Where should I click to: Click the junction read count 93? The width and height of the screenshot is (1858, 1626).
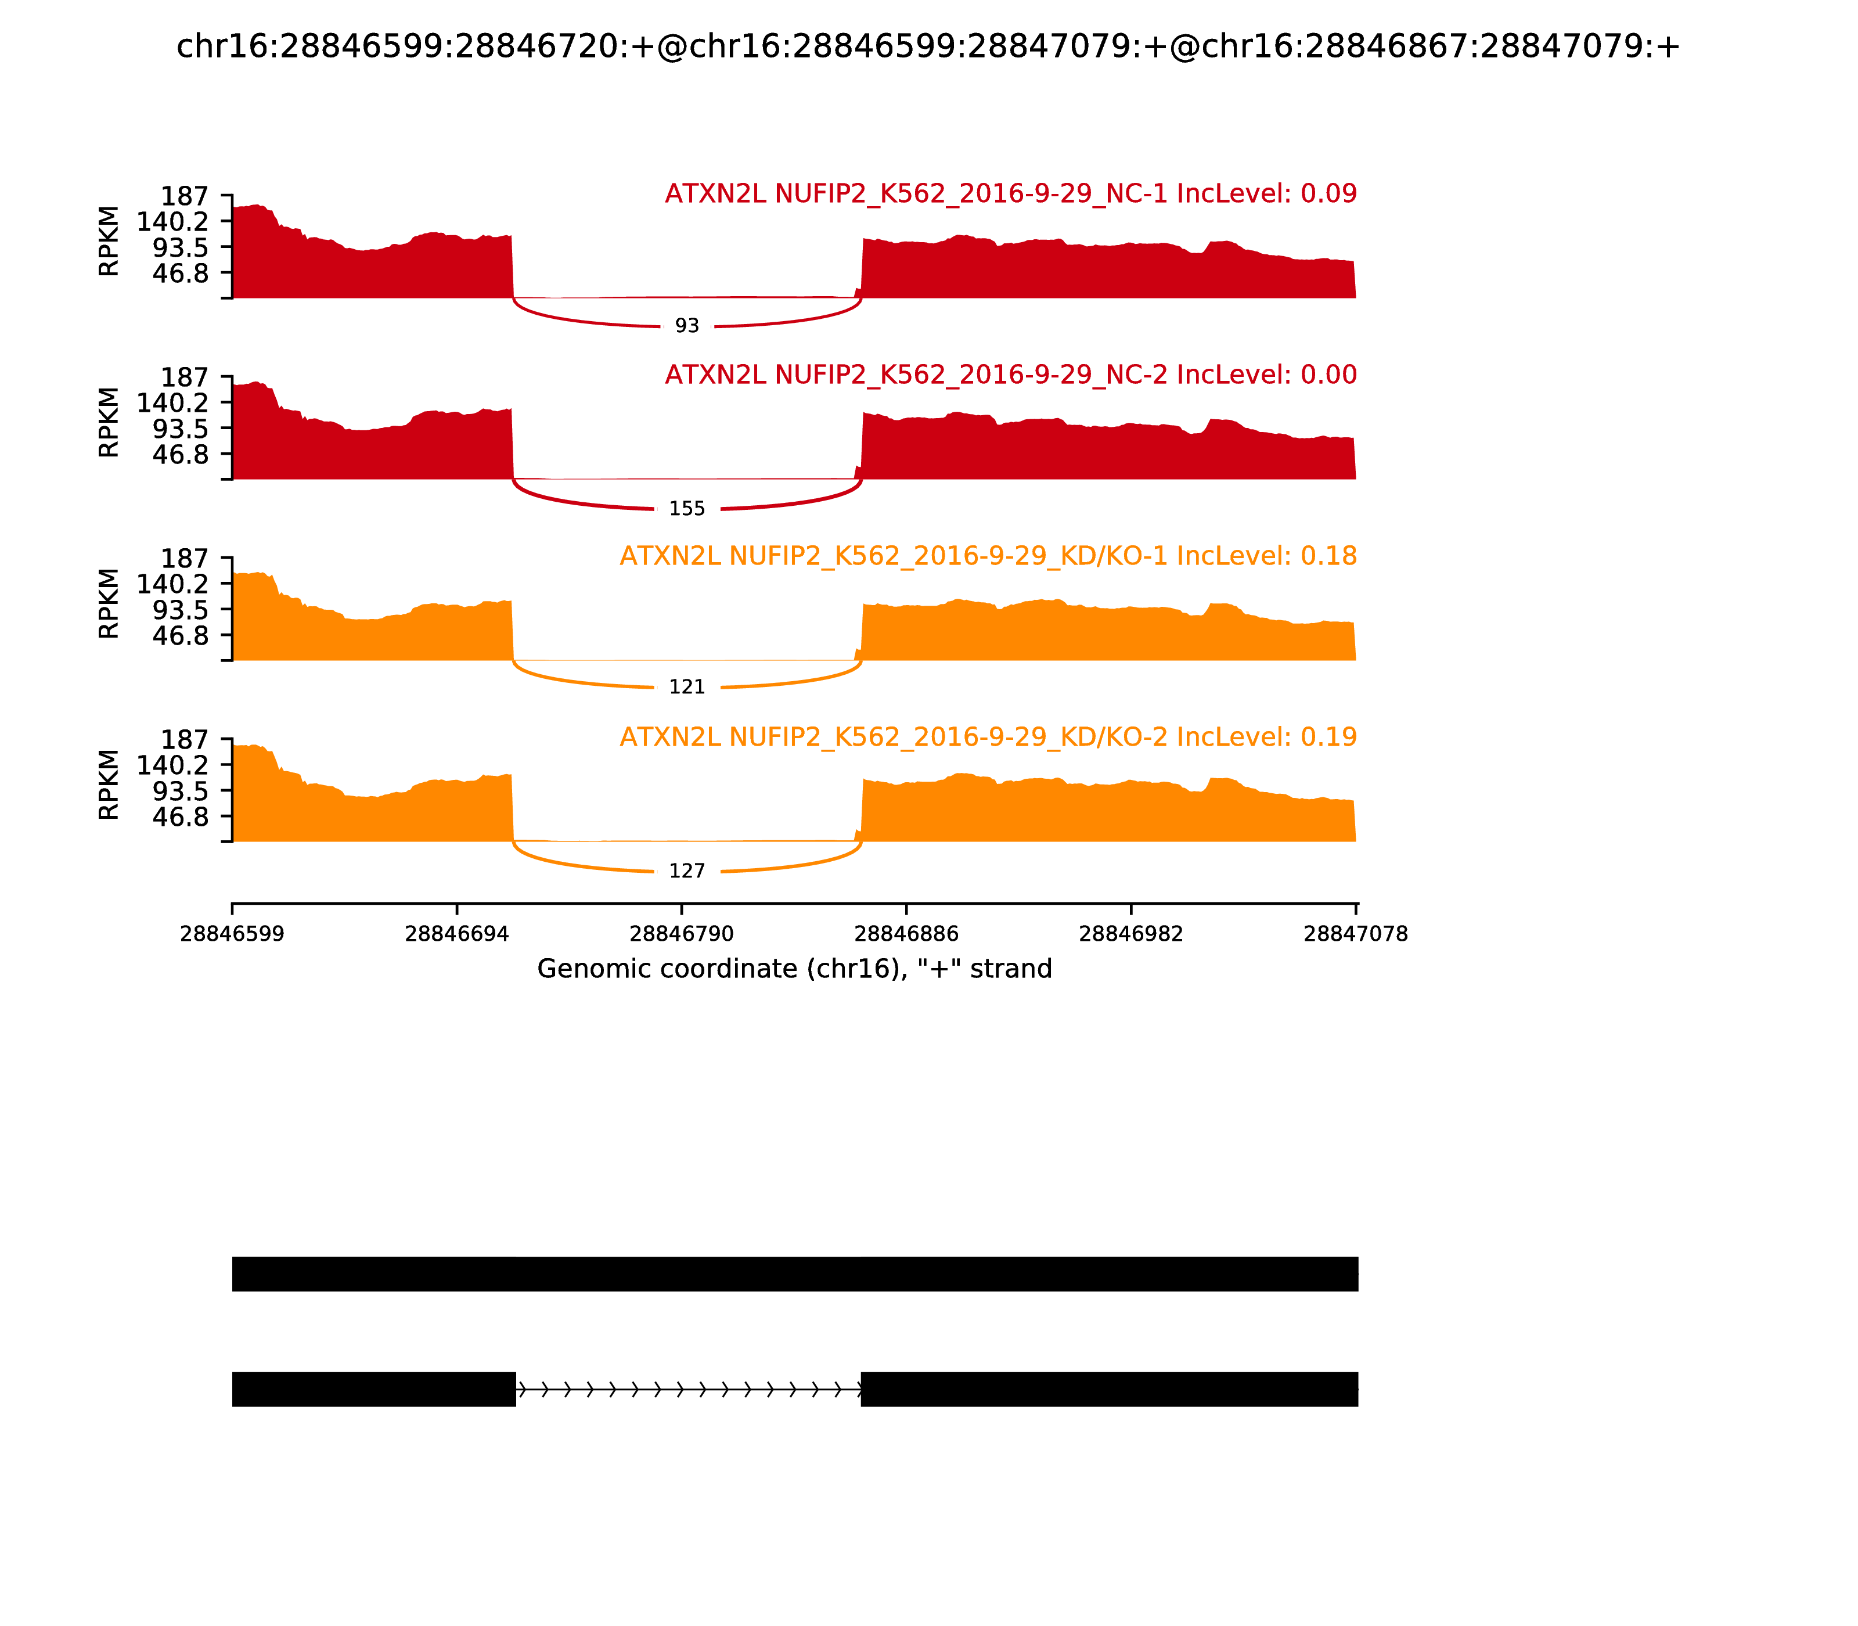(687, 326)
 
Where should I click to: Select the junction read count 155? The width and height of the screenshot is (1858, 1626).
(687, 509)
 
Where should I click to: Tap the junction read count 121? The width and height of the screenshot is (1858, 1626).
(687, 687)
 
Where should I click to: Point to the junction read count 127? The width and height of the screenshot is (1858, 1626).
(687, 871)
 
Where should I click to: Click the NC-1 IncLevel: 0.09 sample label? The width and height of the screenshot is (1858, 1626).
(1011, 193)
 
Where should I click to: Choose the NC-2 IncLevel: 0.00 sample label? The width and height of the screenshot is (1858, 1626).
(1011, 375)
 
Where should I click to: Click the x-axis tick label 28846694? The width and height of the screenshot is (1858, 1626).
(456, 934)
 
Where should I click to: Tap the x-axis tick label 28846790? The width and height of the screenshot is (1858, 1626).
(681, 934)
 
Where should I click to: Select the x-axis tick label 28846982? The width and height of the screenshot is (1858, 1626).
(1130, 934)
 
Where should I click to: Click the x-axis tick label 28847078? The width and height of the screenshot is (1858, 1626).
(1355, 934)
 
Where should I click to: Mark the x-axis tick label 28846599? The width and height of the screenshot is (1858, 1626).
(232, 934)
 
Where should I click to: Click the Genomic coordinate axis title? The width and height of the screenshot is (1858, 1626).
(795, 969)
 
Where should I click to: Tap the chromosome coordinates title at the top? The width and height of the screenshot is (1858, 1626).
(928, 46)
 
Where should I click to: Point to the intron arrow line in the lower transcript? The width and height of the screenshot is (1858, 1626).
(687, 1389)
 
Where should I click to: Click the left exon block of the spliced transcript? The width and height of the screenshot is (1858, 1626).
(374, 1389)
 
